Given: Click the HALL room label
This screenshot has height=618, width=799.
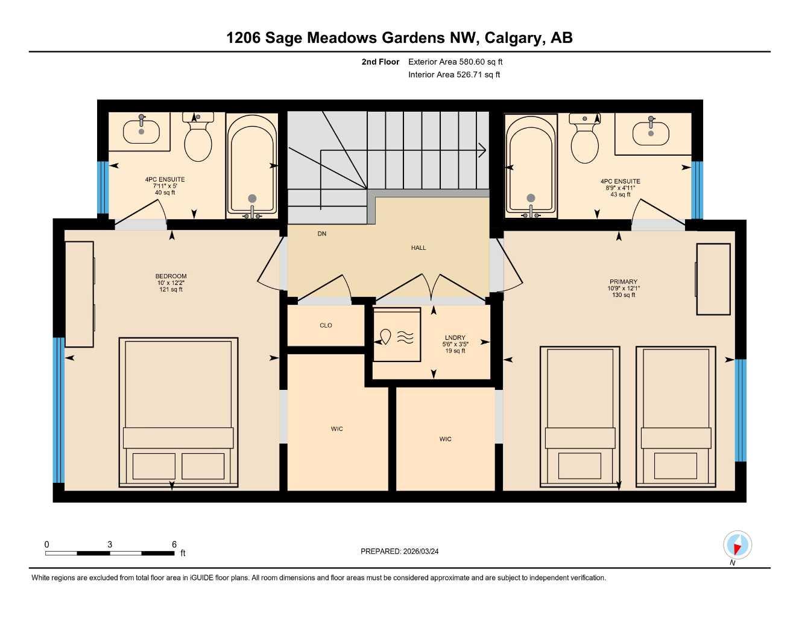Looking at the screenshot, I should point(418,248).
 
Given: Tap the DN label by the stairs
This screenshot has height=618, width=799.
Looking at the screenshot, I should point(322,234).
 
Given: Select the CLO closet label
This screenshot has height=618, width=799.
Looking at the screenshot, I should point(326,325).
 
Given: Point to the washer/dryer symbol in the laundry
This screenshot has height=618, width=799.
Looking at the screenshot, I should point(397,335).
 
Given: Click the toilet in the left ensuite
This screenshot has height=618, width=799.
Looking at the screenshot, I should point(198,138).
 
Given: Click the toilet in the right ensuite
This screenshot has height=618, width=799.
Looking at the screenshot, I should point(584,139).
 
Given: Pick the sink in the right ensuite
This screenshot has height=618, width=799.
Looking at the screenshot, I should point(651,133).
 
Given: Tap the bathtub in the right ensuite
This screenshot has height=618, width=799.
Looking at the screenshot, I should point(531,165).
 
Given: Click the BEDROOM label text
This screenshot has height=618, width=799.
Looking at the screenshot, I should point(171,276).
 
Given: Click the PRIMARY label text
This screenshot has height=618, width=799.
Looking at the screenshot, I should point(624,282).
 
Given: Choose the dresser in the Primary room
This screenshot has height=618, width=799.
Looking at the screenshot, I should point(713,279).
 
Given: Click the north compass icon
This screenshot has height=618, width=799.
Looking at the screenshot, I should point(737,546).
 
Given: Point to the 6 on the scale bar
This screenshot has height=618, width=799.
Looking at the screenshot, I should point(174,544).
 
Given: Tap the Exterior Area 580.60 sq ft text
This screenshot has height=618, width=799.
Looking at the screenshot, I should point(455,62).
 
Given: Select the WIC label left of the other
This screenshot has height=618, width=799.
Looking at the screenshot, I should point(336,429).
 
